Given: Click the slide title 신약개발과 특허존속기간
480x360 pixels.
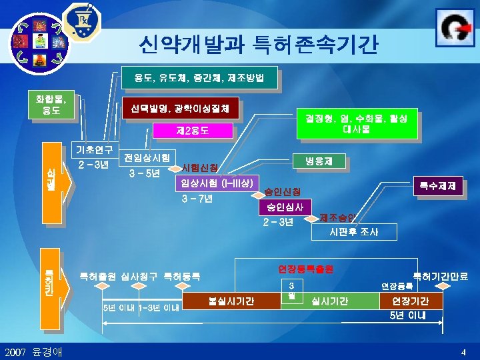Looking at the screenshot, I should pos(258,45).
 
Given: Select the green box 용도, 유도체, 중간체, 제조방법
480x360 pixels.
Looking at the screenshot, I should pos(199,78).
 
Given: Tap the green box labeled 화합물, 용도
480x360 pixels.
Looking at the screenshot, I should pos(51,105).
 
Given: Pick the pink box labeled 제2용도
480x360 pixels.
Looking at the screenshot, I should pos(193,131).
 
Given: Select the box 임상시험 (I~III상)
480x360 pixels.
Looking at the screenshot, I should pos(216,183).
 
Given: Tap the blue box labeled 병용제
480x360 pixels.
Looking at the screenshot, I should pos(319,160).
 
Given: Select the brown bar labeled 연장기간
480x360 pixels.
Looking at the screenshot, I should pos(409,301).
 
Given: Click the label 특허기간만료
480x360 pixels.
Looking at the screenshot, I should pos(440,275).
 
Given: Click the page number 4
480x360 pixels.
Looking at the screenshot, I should pos(463,351).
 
